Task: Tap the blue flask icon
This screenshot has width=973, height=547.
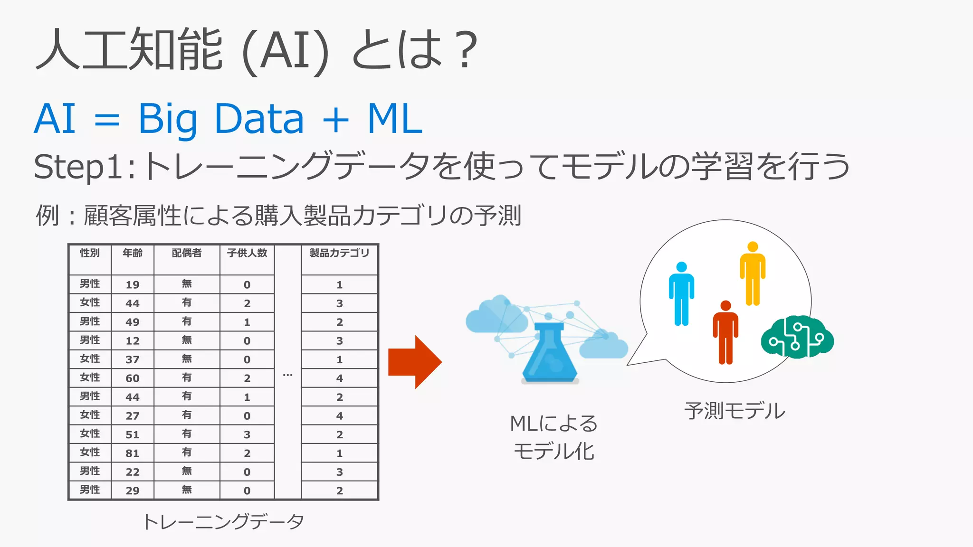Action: point(550,354)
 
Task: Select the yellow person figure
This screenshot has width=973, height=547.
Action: point(753,274)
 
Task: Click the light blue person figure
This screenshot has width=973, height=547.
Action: point(681,294)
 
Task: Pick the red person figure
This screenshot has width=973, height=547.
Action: point(725,333)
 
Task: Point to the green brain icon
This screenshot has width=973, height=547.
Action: point(797,337)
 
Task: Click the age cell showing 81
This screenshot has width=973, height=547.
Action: point(133,453)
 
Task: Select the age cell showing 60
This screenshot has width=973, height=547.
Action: point(133,378)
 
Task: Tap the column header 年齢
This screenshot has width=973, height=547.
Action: point(133,253)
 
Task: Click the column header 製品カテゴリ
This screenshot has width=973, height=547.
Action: point(339,253)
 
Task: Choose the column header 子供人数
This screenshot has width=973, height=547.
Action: point(247,253)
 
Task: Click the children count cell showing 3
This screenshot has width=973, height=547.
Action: point(247,434)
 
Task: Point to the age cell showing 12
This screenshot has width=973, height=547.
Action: point(133,341)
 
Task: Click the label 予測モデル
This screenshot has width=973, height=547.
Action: point(735,411)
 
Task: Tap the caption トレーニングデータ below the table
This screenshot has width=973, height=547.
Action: point(223,521)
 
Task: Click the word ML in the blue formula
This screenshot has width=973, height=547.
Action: point(395,119)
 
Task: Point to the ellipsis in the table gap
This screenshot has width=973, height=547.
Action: point(287,375)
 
